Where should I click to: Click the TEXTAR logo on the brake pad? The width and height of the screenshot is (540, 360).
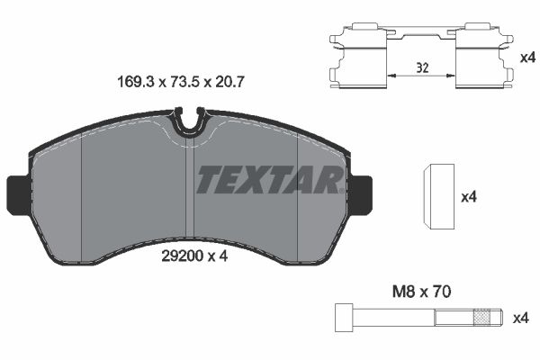[268, 180]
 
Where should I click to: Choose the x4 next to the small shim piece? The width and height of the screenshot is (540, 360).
[467, 196]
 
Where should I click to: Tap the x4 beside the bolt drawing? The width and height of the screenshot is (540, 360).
[519, 318]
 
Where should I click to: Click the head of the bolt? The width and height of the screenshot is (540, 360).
[342, 318]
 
